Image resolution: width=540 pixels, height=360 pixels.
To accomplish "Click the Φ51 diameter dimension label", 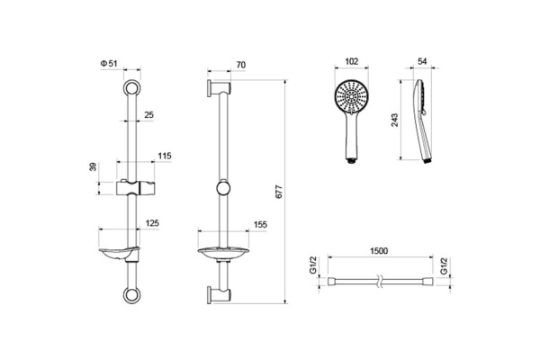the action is tap(109, 63).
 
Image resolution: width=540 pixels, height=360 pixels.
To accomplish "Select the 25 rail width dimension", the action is tap(148, 114).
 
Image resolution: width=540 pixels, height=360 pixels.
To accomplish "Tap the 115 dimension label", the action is tap(165, 156).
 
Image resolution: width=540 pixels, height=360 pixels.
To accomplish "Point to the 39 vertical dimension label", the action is tap(93, 167).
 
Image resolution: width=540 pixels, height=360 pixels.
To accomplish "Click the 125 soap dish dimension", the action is tap(152, 223).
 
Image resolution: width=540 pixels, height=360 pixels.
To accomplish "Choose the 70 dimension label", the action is tap(240, 65).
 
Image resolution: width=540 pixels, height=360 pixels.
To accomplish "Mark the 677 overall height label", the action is tap(279, 192).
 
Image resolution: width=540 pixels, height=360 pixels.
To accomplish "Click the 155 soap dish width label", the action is tap(260, 224).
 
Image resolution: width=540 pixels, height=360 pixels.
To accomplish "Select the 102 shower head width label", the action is tap(351, 61).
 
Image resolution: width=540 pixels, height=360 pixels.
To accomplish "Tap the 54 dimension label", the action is tap(422, 61).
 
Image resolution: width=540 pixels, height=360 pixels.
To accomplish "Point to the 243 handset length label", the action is tap(395, 120).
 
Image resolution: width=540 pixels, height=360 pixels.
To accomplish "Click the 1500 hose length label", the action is tap(379, 251).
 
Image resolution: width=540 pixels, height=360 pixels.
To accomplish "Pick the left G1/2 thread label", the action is tap(313, 265).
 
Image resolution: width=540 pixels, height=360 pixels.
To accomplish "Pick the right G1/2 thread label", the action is tap(445, 266).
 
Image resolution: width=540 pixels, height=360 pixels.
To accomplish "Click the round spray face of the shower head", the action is tap(352, 96).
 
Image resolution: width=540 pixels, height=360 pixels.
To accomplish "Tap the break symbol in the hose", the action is tap(380, 281).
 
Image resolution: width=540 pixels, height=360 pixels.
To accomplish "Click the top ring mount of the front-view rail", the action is tap(132, 88).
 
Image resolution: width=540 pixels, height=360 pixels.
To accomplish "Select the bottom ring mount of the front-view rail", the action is tap(132, 295).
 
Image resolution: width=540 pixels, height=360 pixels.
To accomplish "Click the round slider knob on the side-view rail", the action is tap(224, 188).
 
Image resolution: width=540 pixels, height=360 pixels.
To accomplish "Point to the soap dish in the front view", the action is tap(119, 254).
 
